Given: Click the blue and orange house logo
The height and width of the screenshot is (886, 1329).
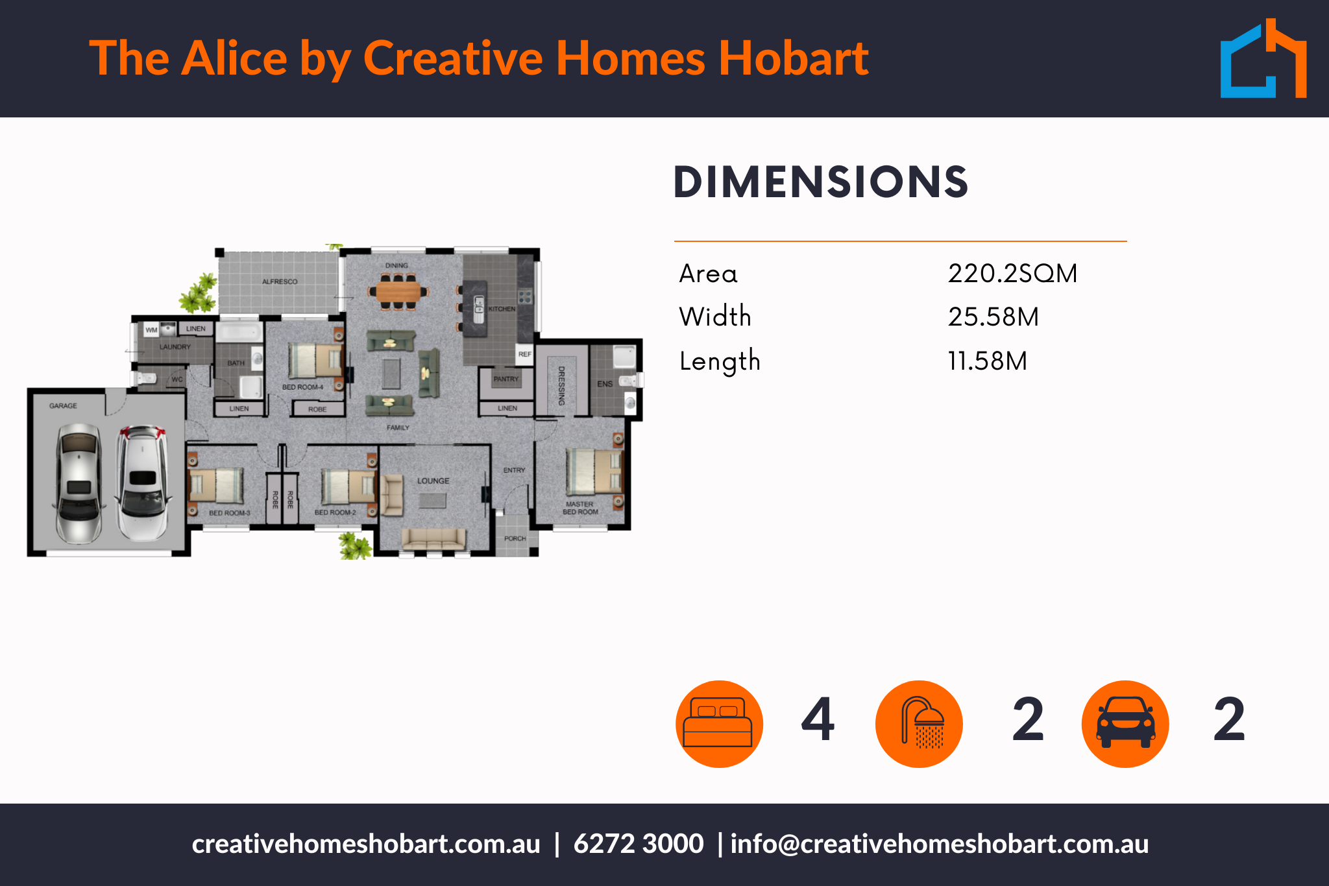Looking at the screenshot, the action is coord(1263,58).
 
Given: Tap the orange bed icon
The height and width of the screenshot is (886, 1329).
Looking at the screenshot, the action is coord(719,724).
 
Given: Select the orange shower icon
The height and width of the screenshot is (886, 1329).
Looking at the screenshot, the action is coord(919,724).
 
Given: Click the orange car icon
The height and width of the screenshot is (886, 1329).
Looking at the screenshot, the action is coord(1125,724).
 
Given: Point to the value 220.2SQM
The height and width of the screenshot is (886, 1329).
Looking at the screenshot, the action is coord(1012,274).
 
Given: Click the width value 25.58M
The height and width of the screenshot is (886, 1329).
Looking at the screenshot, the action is coord(994,317).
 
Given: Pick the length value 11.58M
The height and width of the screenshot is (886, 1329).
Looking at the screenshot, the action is coord(988,361).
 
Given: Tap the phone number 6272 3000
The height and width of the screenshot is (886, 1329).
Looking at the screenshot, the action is coord(639,844).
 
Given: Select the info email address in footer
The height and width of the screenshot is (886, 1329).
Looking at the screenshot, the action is coord(940,844).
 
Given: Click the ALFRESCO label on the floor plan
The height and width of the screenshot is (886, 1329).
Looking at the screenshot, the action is coord(280,281).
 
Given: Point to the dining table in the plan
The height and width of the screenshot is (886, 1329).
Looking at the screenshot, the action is coord(398,292).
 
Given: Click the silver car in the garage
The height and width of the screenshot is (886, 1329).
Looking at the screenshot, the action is coord(79,483).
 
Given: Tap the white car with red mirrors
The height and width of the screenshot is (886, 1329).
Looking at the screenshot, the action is coord(142,483).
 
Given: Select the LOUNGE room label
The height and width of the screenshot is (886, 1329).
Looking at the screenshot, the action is coord(433,481).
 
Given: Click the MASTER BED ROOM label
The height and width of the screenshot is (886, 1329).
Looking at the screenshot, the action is coord(580,508).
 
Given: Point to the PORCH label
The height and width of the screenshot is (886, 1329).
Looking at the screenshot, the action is coord(515,538).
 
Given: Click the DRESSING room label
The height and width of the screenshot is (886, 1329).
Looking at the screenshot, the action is coord(562,386).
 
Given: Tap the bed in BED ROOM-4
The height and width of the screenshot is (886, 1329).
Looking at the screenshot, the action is coord(316,360).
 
